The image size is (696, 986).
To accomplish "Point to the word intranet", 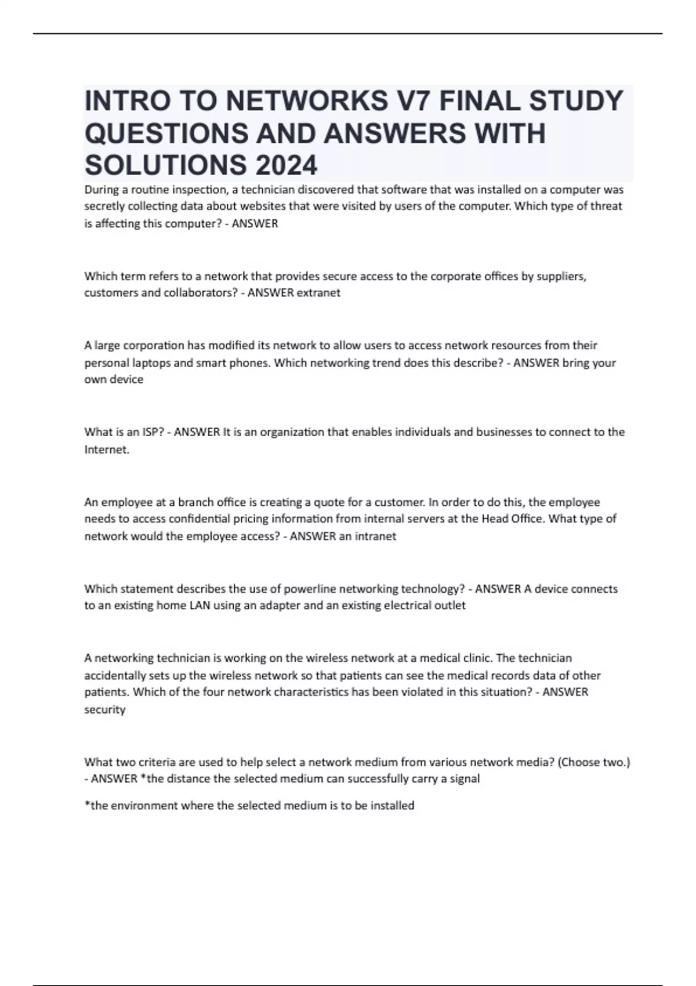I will point(375,536).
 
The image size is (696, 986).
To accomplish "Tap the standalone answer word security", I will point(105,709).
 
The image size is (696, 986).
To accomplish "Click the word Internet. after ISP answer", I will point(107,449).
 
